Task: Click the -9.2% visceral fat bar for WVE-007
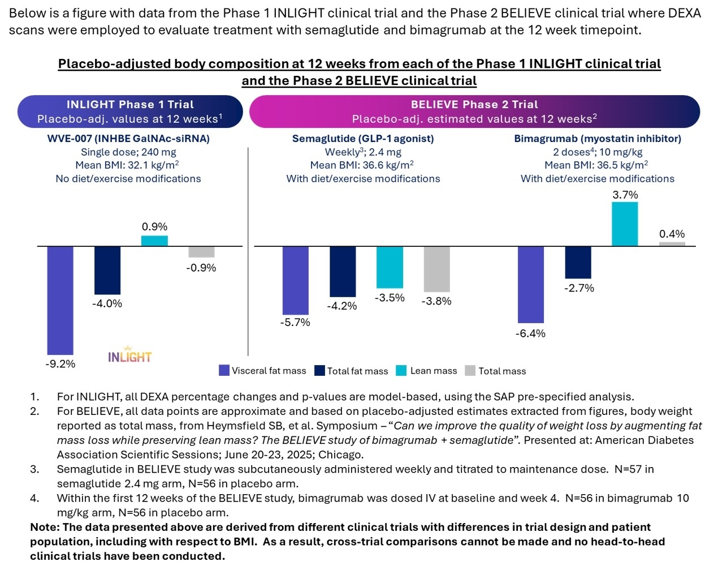[60, 300]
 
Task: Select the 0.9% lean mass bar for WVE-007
[154, 241]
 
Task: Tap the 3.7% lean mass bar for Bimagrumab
[625, 224]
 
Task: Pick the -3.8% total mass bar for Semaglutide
[436, 269]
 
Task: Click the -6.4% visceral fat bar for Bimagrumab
[530, 284]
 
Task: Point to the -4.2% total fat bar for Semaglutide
[343, 271]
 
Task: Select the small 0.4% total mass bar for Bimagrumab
[672, 244]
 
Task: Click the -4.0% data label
[107, 304]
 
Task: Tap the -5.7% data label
[295, 323]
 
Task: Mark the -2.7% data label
[579, 288]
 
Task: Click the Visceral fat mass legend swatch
[224, 371]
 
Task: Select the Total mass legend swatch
[470, 371]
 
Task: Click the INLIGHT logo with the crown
[129, 355]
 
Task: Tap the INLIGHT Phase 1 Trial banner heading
[130, 105]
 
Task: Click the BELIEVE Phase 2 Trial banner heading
[474, 105]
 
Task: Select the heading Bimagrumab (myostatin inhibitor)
[597, 139]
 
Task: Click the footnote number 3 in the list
[34, 469]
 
